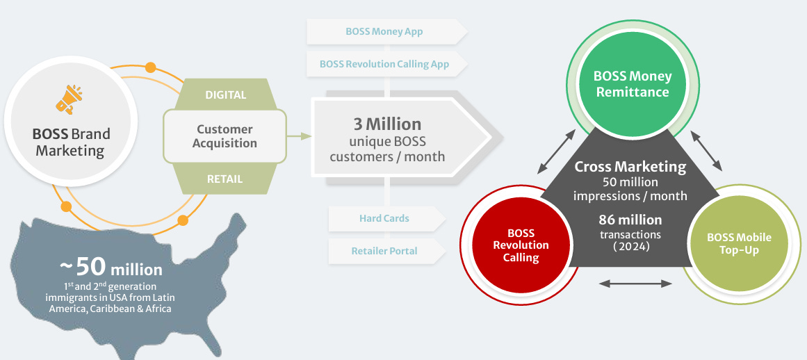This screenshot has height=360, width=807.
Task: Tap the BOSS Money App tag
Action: click(384, 31)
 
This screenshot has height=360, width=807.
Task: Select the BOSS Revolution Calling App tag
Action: click(384, 64)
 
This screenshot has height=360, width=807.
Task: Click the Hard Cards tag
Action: click(384, 218)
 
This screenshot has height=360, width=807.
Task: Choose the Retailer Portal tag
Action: click(384, 250)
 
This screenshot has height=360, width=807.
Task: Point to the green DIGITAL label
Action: click(225, 95)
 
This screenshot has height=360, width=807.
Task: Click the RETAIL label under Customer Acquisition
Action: click(225, 179)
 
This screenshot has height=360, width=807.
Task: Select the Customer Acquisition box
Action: click(225, 136)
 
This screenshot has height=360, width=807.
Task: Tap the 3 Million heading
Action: click(387, 124)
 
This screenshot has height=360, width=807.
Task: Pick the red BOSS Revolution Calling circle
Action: click(521, 245)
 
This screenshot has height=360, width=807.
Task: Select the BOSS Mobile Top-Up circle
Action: click(739, 244)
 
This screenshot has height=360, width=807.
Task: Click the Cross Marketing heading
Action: click(630, 167)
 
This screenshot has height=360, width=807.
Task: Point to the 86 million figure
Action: click(630, 220)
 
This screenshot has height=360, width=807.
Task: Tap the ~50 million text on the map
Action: click(111, 267)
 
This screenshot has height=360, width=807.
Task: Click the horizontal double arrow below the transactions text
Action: click(635, 284)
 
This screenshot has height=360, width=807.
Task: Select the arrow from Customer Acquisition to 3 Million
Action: click(300, 136)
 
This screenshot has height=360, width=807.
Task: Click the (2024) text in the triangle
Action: click(630, 246)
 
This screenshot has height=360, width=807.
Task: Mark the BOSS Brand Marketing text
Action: click(71, 142)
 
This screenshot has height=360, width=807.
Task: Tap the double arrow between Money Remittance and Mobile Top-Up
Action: click(708, 150)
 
